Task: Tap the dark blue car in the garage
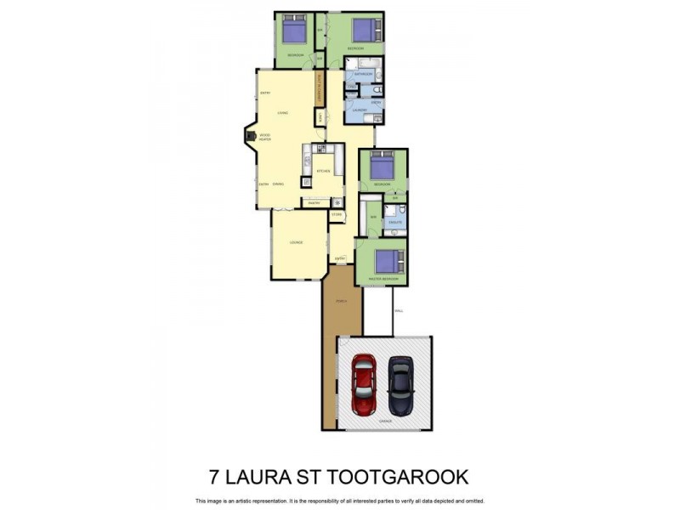coord(400,383)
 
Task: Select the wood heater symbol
coord(250,135)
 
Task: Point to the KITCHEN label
coord(323,171)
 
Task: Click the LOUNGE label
coord(297,243)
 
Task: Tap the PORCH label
coord(342,302)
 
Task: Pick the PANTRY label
coord(314,203)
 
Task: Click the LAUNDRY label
coord(359,110)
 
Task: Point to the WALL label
coord(399,311)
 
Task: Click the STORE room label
coord(337,214)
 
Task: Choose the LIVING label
coord(283,112)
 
